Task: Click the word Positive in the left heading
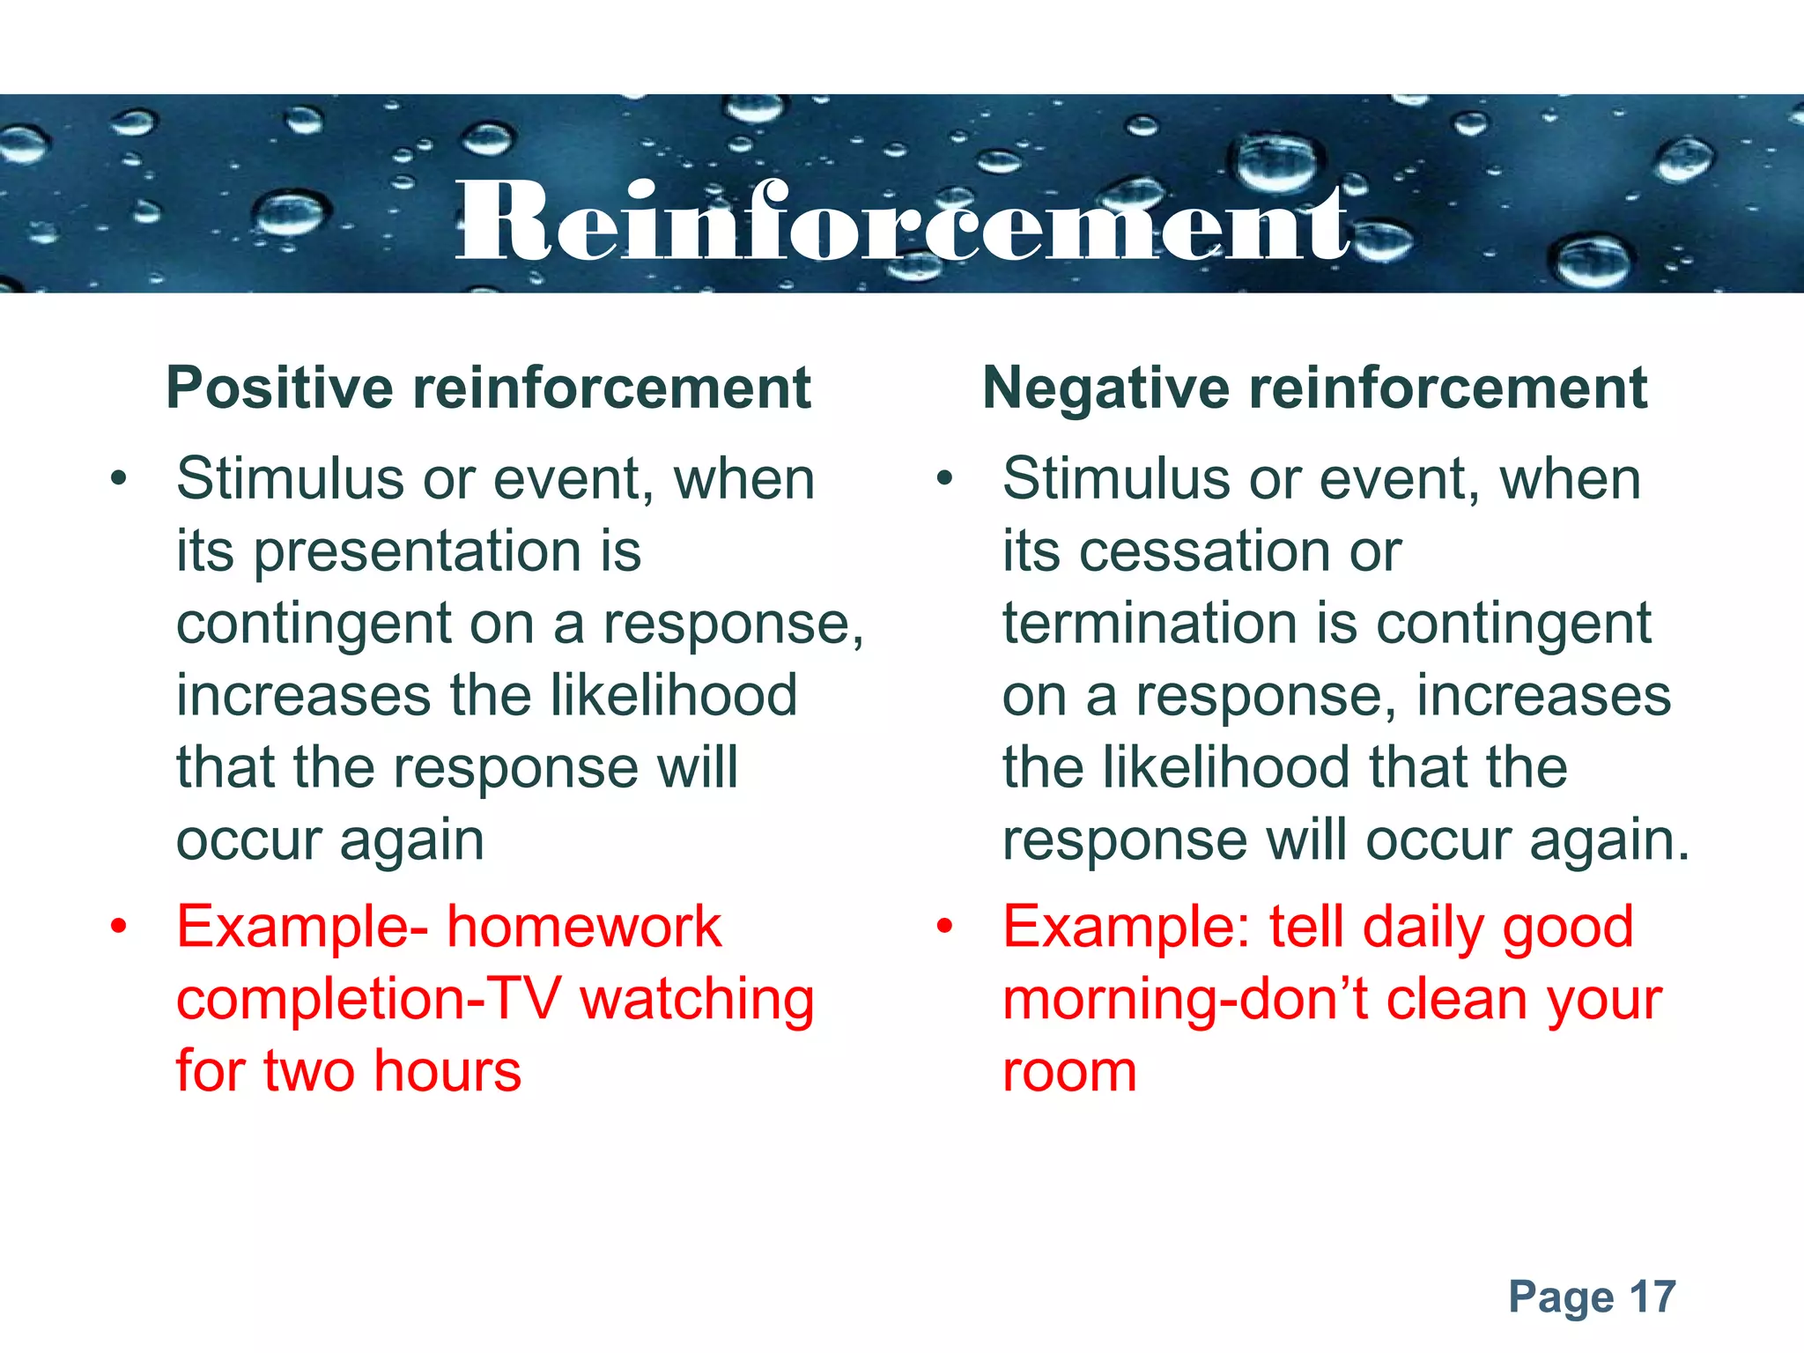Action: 279,388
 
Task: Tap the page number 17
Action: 1652,1298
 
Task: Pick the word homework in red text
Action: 584,928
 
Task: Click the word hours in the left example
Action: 447,1072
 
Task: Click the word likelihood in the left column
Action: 674,696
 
